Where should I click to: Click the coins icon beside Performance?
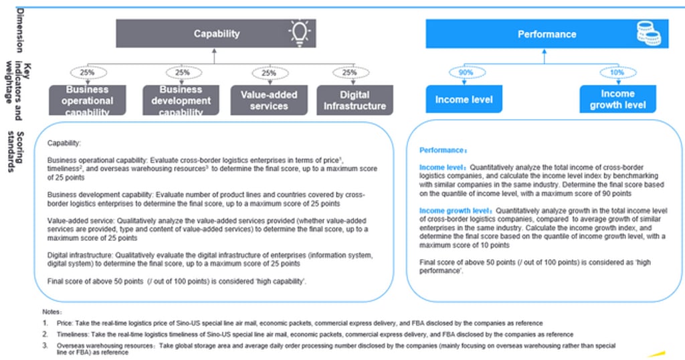coord(648,34)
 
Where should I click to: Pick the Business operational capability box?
coord(88,100)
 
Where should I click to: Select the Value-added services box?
coord(268,100)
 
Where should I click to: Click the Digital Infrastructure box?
coord(355,100)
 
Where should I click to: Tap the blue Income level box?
coord(464,100)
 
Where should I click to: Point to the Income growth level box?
coord(617,100)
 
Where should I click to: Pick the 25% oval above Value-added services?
coord(268,72)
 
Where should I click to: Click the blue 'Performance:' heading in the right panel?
coord(442,151)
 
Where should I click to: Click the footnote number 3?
coord(45,345)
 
